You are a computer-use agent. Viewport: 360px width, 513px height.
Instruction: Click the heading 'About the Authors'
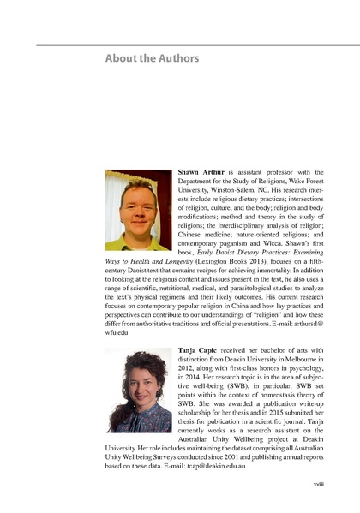152,58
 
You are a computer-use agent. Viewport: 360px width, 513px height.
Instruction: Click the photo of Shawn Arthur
137,210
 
